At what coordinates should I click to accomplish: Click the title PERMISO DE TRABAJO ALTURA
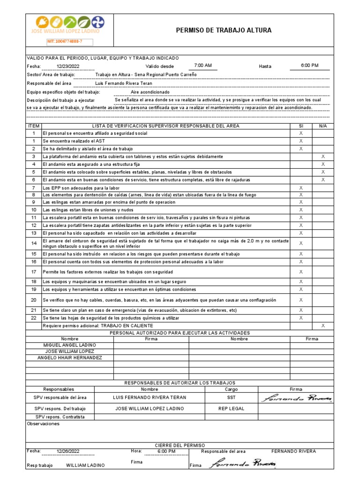coord(224,30)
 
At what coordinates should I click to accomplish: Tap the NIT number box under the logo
coord(69,42)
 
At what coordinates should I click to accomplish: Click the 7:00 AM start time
coord(203,66)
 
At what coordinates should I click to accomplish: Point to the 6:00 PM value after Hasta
coord(309,66)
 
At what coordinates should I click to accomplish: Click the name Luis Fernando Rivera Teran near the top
coord(123,83)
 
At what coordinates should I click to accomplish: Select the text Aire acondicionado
coord(150,92)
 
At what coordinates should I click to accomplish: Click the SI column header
coord(301,126)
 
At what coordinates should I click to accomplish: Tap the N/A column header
coord(323,126)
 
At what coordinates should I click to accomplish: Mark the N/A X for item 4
coord(323,164)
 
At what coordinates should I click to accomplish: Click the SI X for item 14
coord(301,243)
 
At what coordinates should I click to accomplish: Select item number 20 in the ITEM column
coord(34,300)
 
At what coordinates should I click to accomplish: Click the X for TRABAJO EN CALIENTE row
coord(323,325)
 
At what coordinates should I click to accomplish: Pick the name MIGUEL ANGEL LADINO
coord(69,345)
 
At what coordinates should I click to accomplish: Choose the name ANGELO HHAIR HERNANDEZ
coord(69,358)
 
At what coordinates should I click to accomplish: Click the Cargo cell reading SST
coord(231,397)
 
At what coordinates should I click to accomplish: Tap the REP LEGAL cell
coord(231,408)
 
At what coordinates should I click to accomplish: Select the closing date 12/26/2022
coord(68,451)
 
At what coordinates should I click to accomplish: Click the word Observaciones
coord(44,424)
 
